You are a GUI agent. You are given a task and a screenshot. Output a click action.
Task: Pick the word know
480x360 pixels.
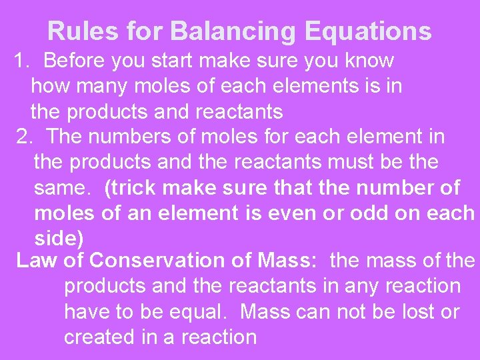pos(369,61)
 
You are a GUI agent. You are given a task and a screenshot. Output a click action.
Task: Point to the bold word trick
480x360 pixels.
pos(132,188)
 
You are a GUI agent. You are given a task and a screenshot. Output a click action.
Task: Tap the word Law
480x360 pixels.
pos(37,260)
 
